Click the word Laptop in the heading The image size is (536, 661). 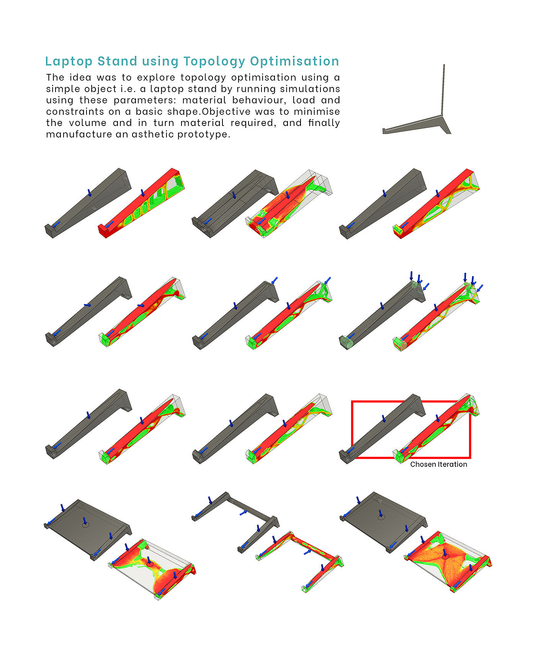tap(69, 62)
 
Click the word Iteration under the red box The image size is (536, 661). tap(453, 465)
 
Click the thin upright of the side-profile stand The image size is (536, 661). tap(443, 90)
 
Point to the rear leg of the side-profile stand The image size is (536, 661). tap(446, 125)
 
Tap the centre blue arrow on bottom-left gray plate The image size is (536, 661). tap(85, 521)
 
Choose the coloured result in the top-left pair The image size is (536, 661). tap(142, 203)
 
